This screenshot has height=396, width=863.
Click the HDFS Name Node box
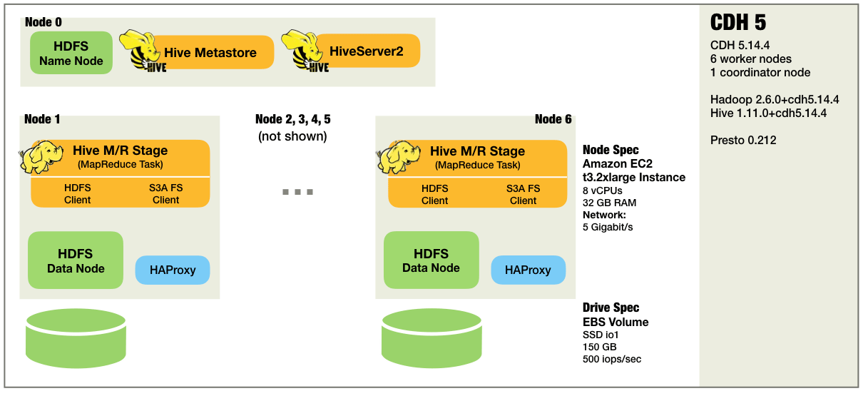click(71, 54)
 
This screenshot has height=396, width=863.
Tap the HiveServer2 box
click(366, 51)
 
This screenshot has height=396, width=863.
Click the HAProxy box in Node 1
click(173, 270)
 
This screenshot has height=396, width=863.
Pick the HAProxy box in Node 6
click(528, 270)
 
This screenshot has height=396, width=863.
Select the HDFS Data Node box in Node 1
click(76, 260)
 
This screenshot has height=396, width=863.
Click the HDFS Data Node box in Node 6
click(431, 260)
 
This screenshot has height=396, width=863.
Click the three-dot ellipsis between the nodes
click(297, 192)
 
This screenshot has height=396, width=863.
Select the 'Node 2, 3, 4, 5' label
click(292, 119)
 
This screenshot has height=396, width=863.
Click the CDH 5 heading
click(738, 22)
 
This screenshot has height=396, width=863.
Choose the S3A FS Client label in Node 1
click(165, 194)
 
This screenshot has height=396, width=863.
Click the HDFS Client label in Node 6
click(434, 194)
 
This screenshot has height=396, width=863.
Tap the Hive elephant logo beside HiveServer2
click(306, 51)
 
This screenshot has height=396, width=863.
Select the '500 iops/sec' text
click(612, 359)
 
